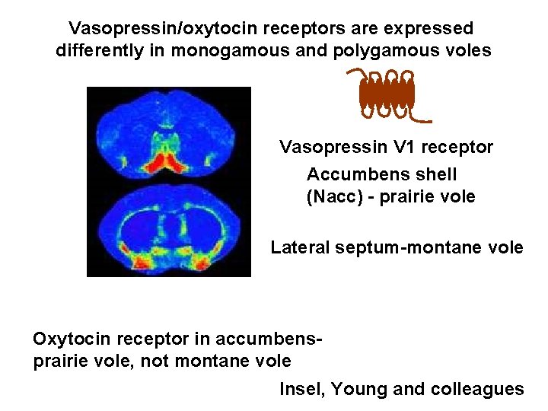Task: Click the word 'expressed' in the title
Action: click(431, 29)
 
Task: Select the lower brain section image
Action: click(169, 232)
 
